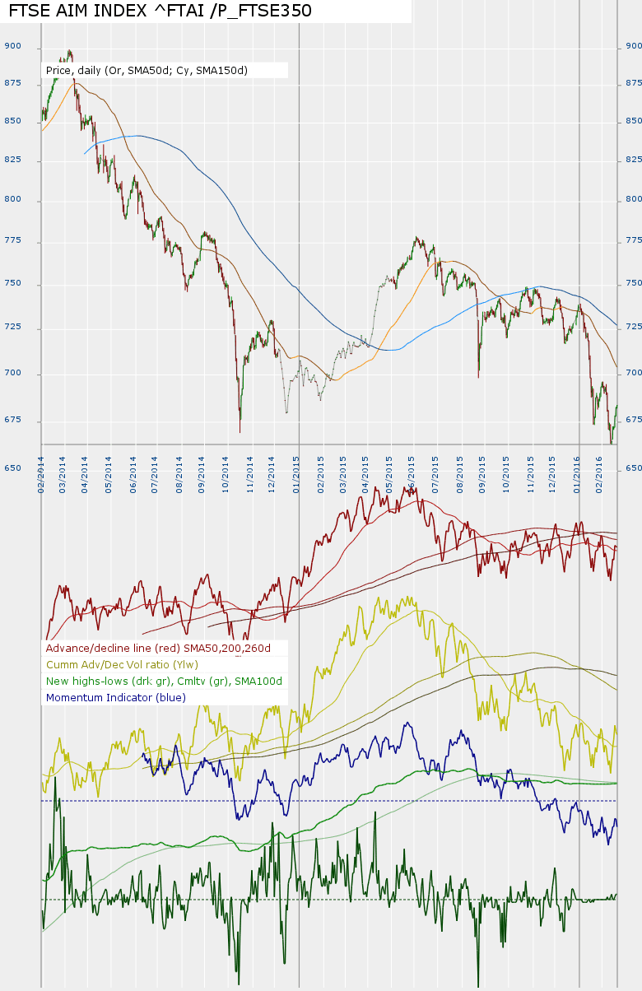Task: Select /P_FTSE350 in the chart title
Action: pyautogui.click(x=259, y=11)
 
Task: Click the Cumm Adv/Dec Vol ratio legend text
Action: pyautogui.click(x=123, y=664)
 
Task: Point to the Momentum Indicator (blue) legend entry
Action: pyautogui.click(x=116, y=697)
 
